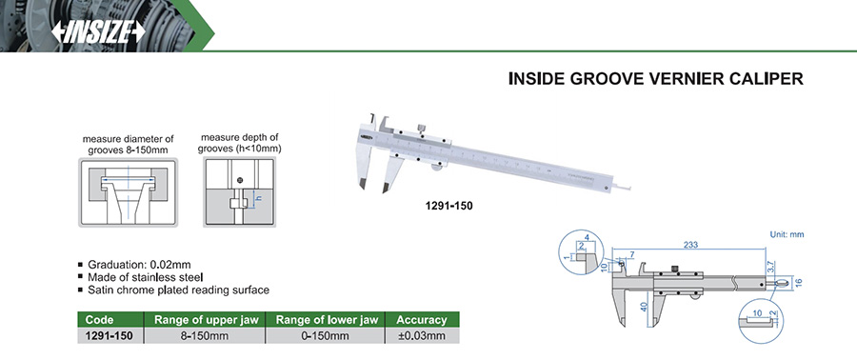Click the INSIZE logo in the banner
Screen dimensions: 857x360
pyautogui.click(x=98, y=32)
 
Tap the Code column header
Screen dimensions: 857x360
pyautogui.click(x=99, y=320)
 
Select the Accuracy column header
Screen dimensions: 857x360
pyautogui.click(x=422, y=320)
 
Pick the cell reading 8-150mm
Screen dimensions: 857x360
pyautogui.click(x=205, y=335)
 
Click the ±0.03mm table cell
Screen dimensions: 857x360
pyautogui.click(x=422, y=335)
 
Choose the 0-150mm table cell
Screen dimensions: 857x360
pyautogui.click(x=326, y=335)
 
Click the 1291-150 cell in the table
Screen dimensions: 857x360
pyautogui.click(x=109, y=335)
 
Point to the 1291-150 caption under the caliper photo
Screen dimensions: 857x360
pyautogui.click(x=448, y=206)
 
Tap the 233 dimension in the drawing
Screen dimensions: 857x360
pyautogui.click(x=691, y=245)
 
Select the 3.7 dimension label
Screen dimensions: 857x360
pyautogui.click(x=771, y=267)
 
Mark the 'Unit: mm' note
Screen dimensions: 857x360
pyautogui.click(x=787, y=234)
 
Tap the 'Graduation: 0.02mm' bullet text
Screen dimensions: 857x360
pyautogui.click(x=139, y=265)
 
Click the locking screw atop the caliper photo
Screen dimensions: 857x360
pyautogui.click(x=422, y=129)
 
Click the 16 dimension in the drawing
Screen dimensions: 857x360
pyautogui.click(x=798, y=283)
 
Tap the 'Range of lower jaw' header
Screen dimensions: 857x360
pyautogui.click(x=326, y=320)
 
